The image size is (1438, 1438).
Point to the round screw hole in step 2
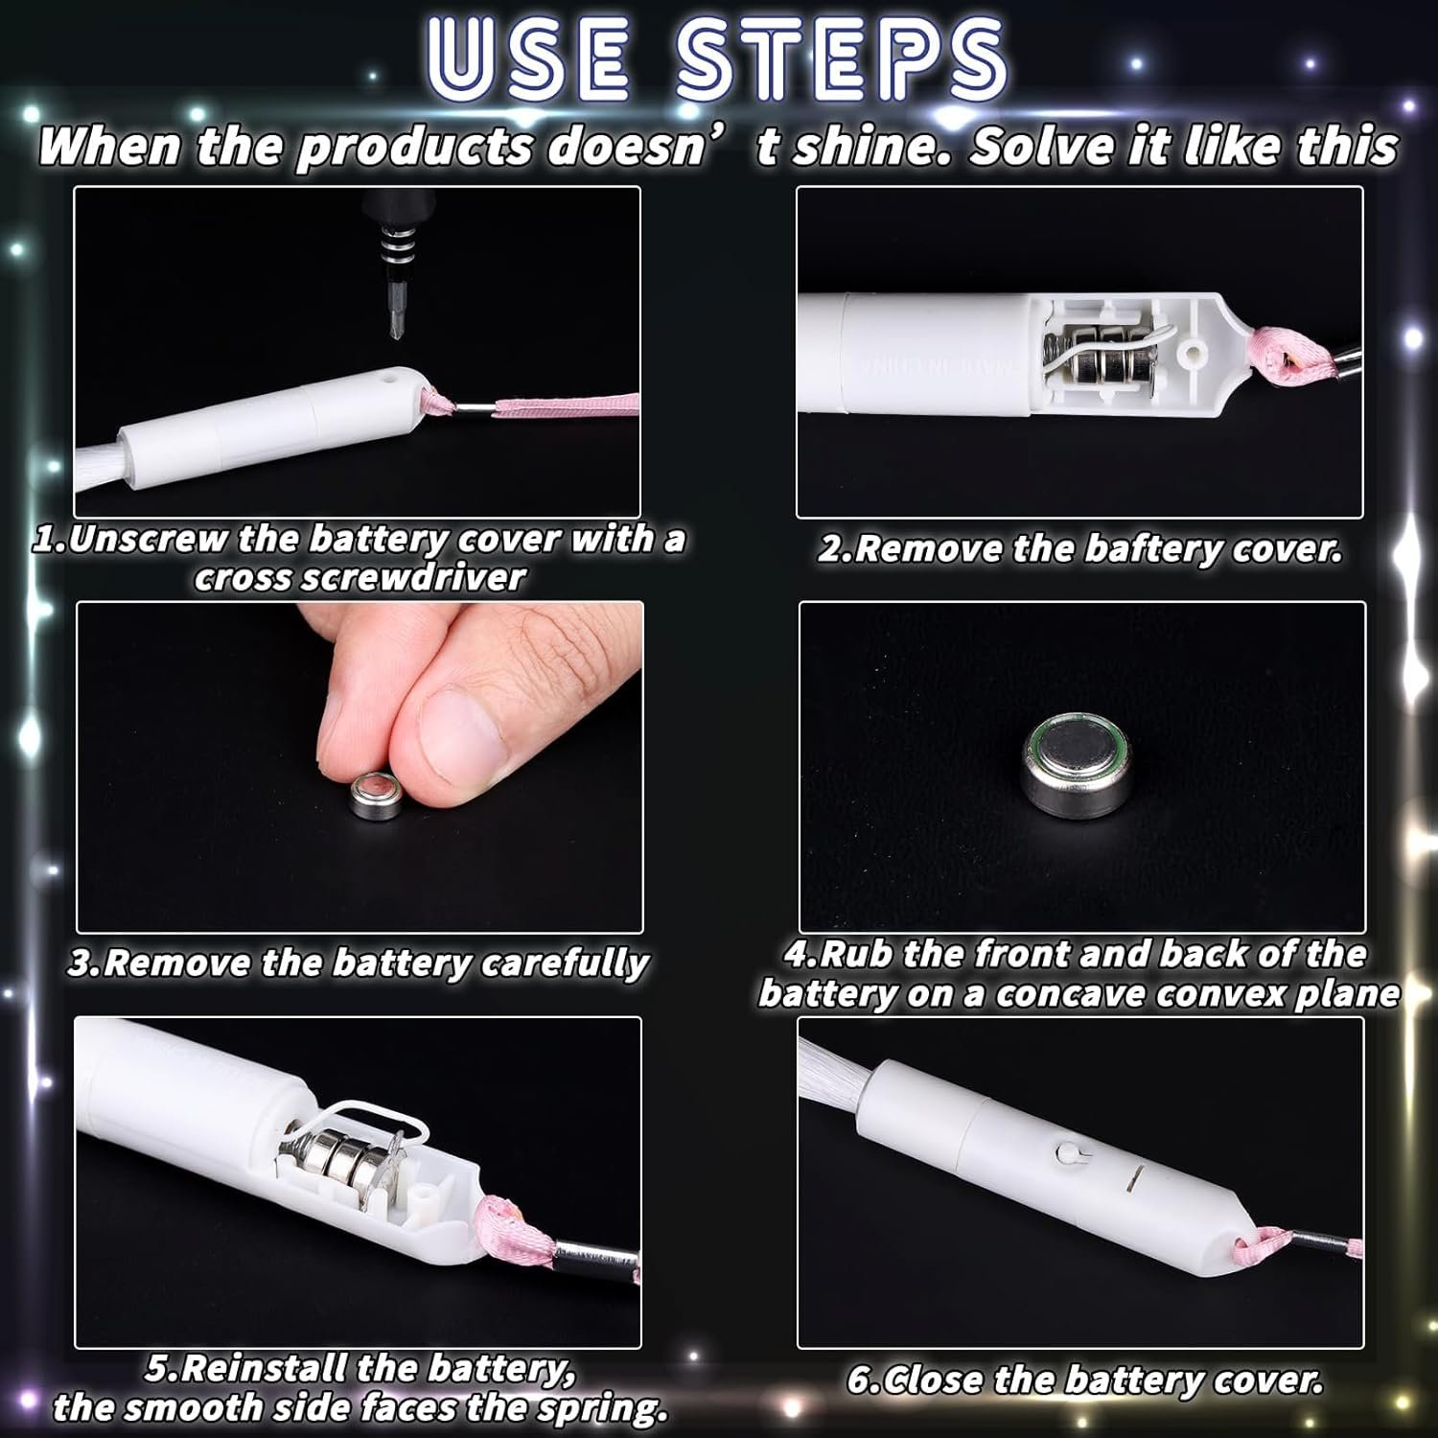(x=1194, y=355)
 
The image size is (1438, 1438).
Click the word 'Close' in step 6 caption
(x=923, y=1380)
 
